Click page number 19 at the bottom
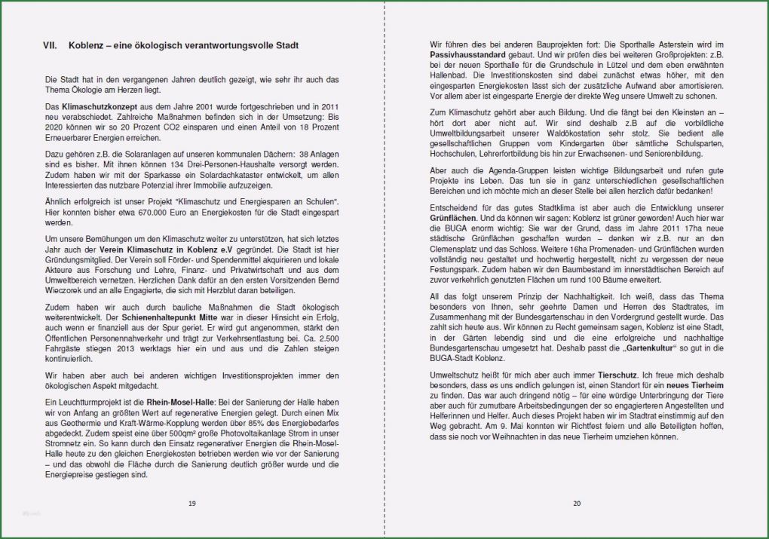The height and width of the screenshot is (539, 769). pyautogui.click(x=191, y=503)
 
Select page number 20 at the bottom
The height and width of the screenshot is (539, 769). pyautogui.click(x=576, y=503)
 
